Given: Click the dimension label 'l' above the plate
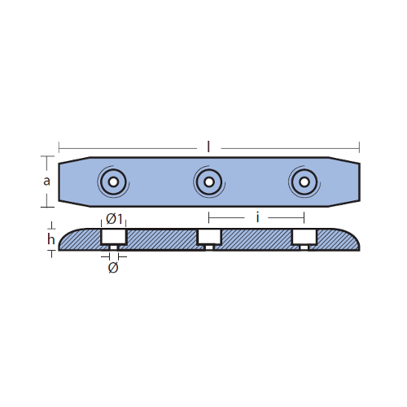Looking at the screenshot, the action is tap(208, 147).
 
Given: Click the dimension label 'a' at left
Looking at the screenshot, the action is tap(46, 181).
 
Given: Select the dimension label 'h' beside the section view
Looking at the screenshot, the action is tap(50, 239).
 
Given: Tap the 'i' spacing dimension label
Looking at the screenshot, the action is tap(257, 217).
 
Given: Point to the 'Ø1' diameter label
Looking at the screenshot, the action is tap(114, 219).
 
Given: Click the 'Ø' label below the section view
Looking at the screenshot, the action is tap(113, 268).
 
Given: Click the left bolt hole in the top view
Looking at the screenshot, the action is tap(113, 182).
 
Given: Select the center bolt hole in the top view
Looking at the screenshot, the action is tap(209, 182).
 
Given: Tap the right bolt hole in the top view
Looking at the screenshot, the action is tap(304, 182).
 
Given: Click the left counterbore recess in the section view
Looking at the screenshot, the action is tap(114, 236).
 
